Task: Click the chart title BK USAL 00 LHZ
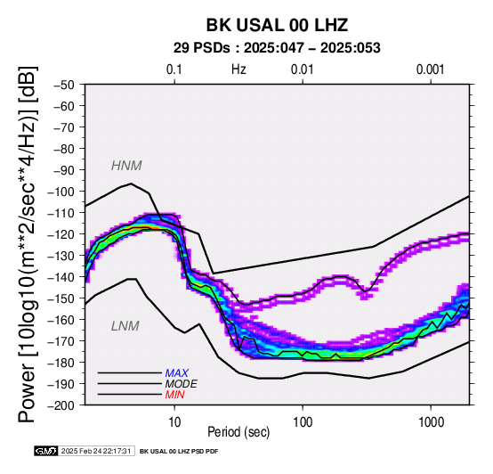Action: pos(277,25)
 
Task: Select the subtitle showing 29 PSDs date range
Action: pos(277,48)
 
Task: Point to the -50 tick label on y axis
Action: pos(64,85)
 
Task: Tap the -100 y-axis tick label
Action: pos(61,192)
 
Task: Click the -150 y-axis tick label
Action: pos(61,298)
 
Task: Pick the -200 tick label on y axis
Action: pos(61,405)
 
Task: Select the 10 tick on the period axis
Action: pos(174,422)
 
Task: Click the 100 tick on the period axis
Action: pos(303,422)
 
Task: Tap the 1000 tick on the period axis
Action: pos(431,422)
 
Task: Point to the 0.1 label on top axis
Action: pos(174,69)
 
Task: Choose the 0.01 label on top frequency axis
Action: pos(303,69)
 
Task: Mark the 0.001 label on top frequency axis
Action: pos(431,69)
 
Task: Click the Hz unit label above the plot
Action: pos(238,69)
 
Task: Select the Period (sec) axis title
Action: pos(238,432)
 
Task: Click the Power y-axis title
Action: pos(28,244)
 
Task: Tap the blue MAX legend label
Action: pos(177,373)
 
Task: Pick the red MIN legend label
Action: pos(174,395)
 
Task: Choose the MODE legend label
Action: pos(182,384)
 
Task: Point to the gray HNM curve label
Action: pos(126,166)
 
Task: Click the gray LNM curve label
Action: pos(125,326)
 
